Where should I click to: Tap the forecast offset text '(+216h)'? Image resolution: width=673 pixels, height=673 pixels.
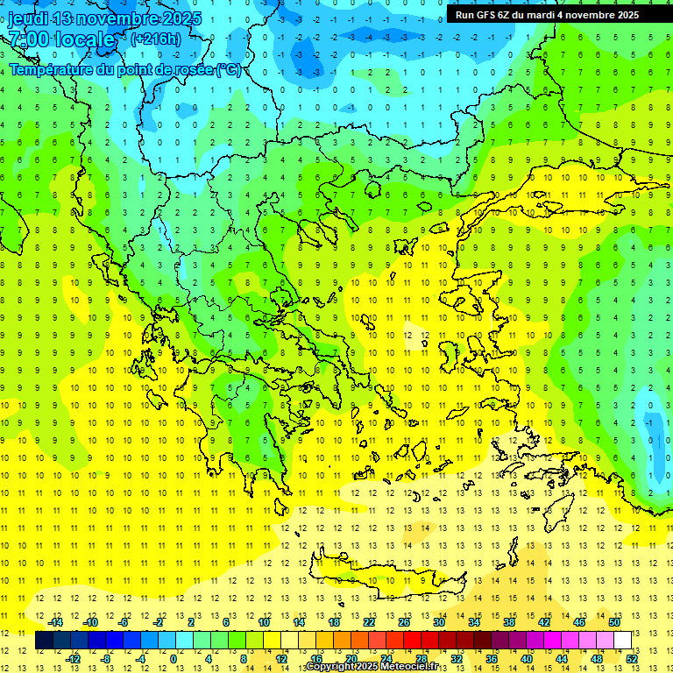point(156,39)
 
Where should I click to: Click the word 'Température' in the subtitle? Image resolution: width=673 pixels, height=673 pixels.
point(53,69)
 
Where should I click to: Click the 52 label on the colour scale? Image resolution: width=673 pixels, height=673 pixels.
point(632,659)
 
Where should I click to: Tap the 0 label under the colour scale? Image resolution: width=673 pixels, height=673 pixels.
point(174,659)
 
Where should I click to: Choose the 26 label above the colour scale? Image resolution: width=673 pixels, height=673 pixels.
point(404,622)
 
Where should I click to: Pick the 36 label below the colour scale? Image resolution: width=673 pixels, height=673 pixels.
point(492,659)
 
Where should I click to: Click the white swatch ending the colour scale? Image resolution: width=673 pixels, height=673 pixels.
point(622,641)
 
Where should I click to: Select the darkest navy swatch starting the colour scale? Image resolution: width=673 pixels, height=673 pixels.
point(44,641)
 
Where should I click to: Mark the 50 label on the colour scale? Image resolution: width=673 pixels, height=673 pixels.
point(614,622)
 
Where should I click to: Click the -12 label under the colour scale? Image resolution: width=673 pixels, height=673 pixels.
point(74,659)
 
